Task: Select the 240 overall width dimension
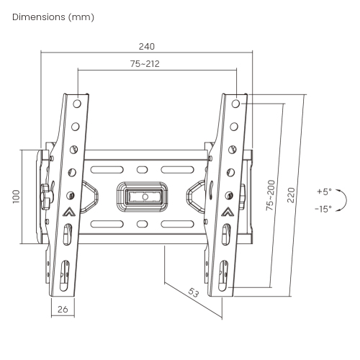coord(147,45)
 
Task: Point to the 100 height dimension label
coord(17,197)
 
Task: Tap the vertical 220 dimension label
coord(290,195)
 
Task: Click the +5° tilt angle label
coord(323,192)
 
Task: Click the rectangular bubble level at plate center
coord(144,195)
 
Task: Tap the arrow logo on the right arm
coord(228,212)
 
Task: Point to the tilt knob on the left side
coord(48,194)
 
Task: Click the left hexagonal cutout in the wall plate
coord(91,195)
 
